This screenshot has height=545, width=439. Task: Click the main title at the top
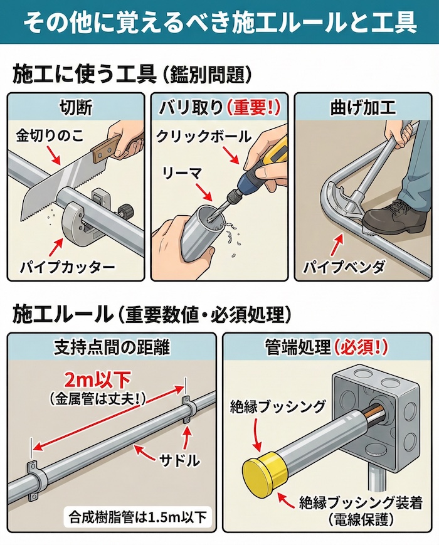(219, 22)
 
